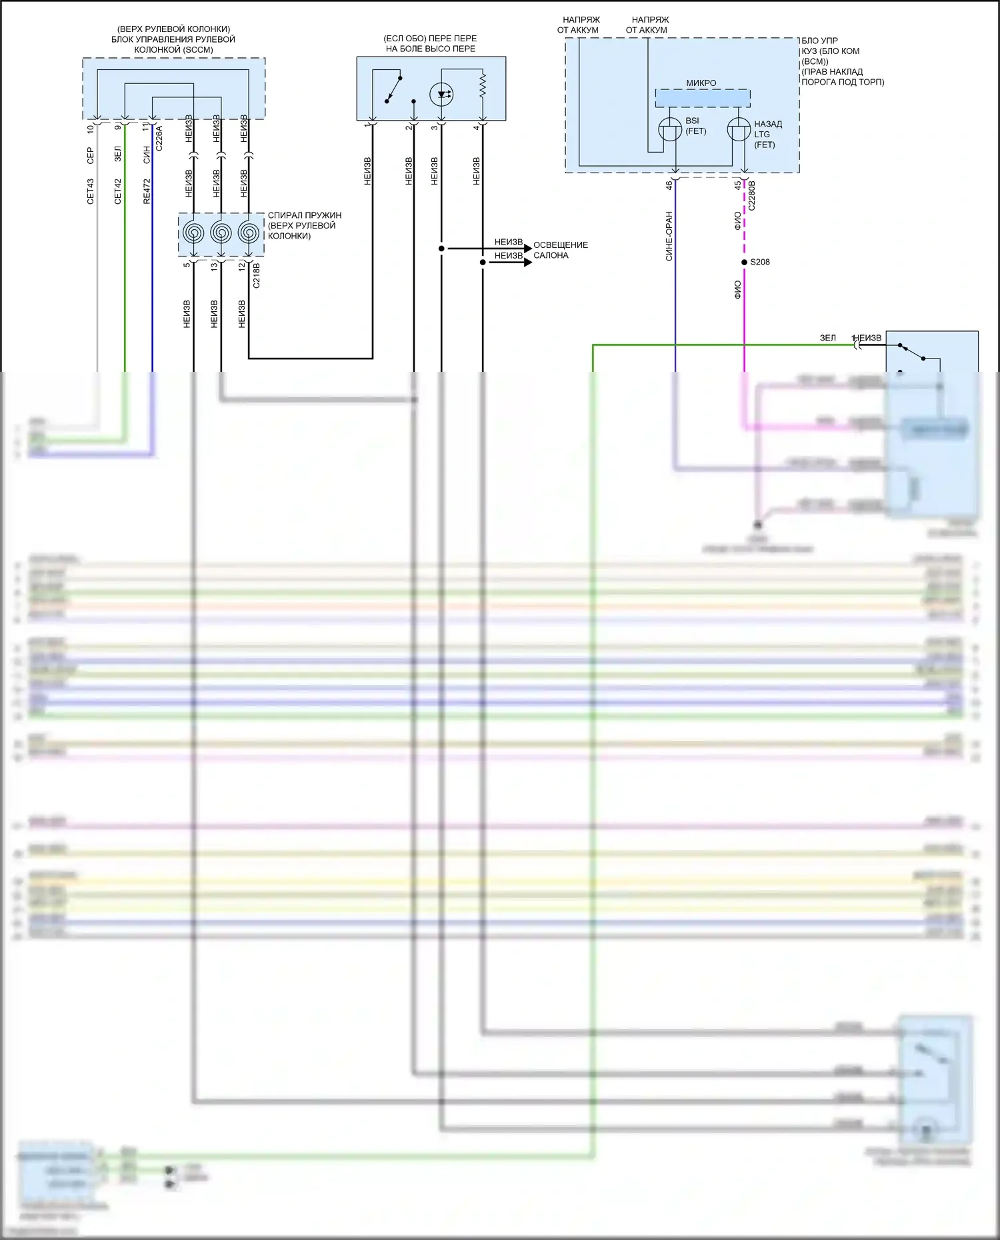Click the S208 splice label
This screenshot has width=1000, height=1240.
click(759, 262)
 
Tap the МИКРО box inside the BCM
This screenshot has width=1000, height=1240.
click(702, 98)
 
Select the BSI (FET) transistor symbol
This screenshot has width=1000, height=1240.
click(670, 129)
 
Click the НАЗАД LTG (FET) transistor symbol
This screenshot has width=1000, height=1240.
click(738, 129)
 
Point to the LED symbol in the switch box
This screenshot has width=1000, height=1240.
click(441, 94)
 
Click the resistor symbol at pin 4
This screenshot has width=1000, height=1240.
click(483, 85)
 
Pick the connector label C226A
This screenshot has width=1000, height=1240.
click(159, 138)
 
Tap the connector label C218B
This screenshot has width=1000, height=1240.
click(257, 275)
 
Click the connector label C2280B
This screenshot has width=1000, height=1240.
click(752, 195)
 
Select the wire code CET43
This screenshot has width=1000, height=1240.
click(91, 191)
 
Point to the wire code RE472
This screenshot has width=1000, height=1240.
click(147, 191)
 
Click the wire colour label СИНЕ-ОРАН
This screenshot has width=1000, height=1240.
click(669, 236)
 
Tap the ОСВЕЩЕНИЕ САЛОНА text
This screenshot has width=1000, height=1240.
click(560, 250)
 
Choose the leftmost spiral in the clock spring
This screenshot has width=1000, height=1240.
click(193, 233)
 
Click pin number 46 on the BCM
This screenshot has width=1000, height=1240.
click(669, 185)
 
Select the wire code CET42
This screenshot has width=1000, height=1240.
click(118, 191)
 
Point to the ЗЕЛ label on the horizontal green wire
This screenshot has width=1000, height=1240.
click(827, 338)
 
